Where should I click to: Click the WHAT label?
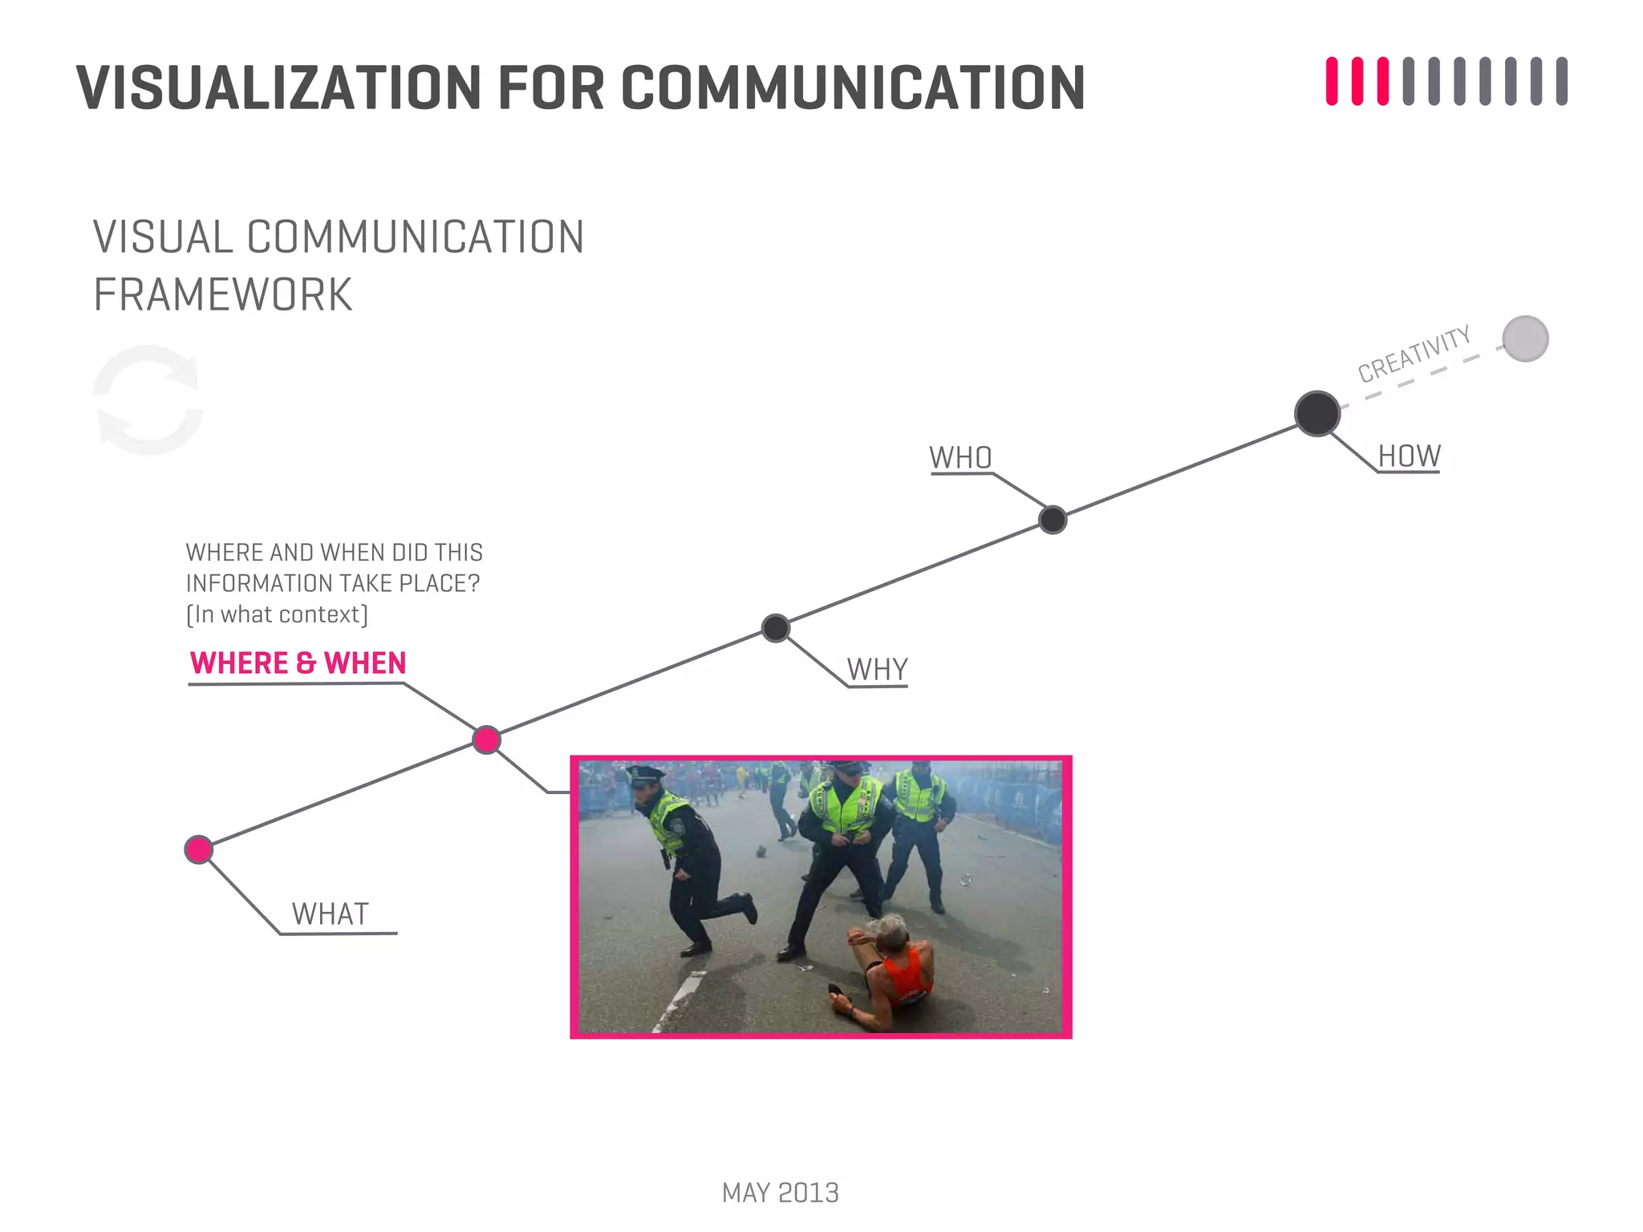pos(330,914)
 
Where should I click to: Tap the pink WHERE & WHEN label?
pos(298,663)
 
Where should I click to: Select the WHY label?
pos(877,670)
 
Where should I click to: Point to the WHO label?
pos(960,458)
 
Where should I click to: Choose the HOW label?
pos(1409,456)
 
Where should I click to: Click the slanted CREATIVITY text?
pos(1414,354)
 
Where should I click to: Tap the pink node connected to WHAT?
pos(198,849)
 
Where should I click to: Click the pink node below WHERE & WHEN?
pos(486,740)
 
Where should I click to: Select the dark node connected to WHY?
pos(775,628)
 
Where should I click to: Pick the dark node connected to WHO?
pos(1053,520)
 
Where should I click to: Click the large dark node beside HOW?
pos(1316,414)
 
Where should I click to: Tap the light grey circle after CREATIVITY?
pos(1525,339)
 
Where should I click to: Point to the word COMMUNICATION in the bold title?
pos(852,87)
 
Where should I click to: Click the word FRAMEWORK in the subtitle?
pos(223,295)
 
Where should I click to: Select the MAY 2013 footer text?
pos(780,1193)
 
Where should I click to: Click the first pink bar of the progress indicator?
pos(1332,81)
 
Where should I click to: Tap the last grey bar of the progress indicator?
pos(1561,81)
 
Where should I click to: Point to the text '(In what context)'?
pos(277,614)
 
